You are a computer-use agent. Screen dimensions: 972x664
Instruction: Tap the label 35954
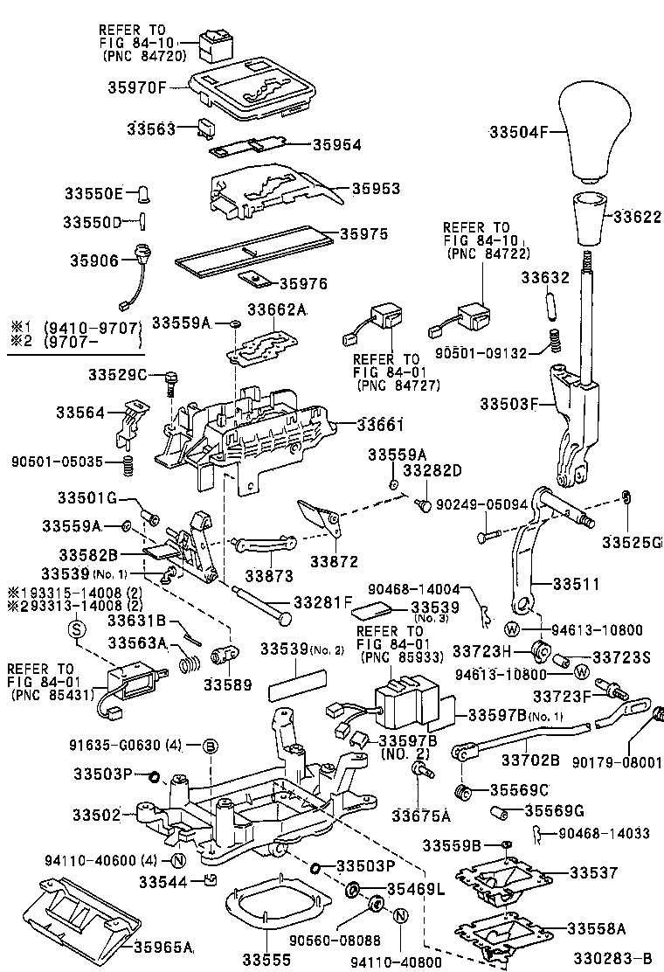[x=337, y=144]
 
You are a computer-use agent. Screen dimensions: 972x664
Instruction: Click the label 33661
[x=380, y=424]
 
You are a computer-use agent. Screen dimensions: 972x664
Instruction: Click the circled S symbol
[x=76, y=628]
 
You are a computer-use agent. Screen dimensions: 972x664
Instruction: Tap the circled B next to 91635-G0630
[x=211, y=745]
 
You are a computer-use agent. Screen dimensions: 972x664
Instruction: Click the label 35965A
[x=163, y=946]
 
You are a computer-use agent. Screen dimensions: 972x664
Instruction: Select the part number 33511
[x=576, y=581]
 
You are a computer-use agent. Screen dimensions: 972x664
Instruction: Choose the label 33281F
[x=322, y=602]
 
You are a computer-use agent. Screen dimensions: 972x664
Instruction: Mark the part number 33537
[x=593, y=872]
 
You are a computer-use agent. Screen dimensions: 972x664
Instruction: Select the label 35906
[x=93, y=260]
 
